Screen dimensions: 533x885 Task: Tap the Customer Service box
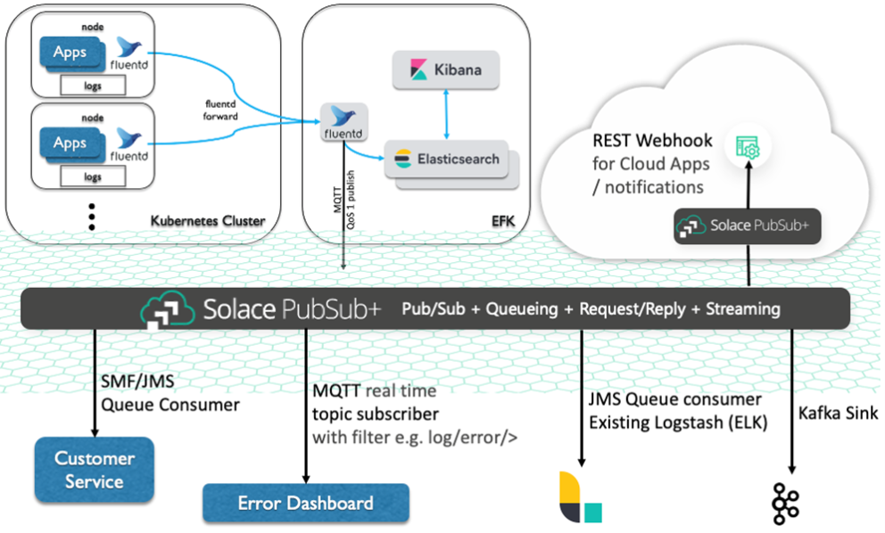94,470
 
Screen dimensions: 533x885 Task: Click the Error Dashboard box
305,504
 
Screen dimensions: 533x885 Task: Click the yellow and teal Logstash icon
579,497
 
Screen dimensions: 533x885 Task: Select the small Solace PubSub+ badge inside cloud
748,226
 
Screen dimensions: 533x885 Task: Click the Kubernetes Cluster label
207,218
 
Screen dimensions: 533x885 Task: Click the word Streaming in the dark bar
742,309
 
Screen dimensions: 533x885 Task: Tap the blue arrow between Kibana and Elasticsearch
446,113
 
